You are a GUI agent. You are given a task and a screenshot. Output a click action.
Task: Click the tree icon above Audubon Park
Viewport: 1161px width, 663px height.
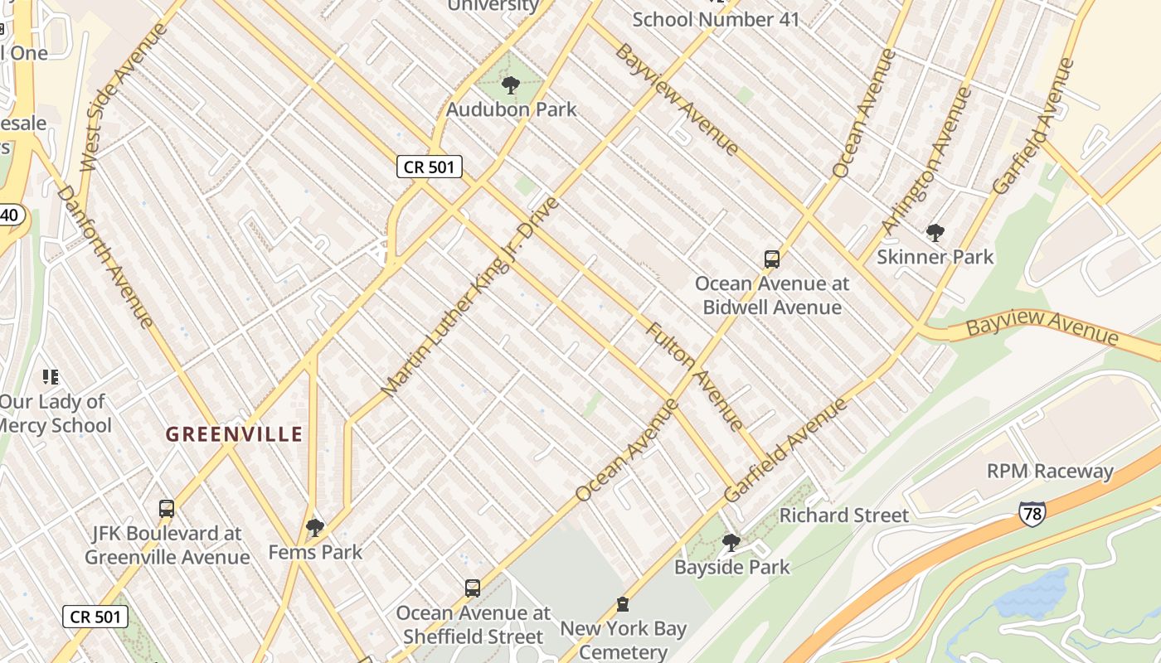(x=511, y=85)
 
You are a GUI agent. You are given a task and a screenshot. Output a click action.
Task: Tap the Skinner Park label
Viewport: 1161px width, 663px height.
(x=935, y=257)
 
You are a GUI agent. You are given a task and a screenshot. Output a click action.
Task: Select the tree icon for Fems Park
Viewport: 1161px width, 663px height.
(x=315, y=527)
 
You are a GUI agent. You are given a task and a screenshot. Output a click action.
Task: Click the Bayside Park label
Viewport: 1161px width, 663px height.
(x=731, y=568)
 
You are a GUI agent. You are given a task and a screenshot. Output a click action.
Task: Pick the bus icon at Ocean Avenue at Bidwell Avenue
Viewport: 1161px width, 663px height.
(x=772, y=259)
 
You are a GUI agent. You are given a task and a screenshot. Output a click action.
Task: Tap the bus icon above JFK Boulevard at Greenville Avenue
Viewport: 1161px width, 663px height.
(x=167, y=508)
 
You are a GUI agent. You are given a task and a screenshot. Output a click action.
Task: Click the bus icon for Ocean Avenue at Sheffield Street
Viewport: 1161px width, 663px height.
(x=473, y=588)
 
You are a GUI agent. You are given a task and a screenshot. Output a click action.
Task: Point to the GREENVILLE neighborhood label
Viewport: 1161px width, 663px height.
(x=234, y=433)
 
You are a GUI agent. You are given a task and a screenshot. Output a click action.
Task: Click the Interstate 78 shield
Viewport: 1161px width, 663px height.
(x=1032, y=511)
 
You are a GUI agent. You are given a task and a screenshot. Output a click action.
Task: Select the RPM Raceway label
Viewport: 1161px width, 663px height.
(x=1049, y=472)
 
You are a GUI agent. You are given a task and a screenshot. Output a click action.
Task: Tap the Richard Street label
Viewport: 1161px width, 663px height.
(x=843, y=515)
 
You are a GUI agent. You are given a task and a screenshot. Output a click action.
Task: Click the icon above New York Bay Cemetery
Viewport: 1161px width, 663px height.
(x=623, y=604)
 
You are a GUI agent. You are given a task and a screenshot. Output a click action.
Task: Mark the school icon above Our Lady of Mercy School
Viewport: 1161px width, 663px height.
(x=51, y=377)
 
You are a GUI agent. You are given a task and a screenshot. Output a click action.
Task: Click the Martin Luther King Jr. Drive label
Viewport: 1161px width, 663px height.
(x=470, y=296)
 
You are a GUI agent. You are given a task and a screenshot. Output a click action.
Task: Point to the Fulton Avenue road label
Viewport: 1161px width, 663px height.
(x=695, y=376)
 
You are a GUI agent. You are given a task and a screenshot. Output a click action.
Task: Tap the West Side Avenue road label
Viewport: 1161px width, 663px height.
(x=124, y=97)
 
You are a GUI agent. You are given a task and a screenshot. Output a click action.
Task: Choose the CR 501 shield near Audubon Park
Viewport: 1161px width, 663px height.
(x=428, y=167)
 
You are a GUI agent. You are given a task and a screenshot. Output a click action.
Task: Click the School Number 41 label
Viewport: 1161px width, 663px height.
(x=716, y=19)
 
